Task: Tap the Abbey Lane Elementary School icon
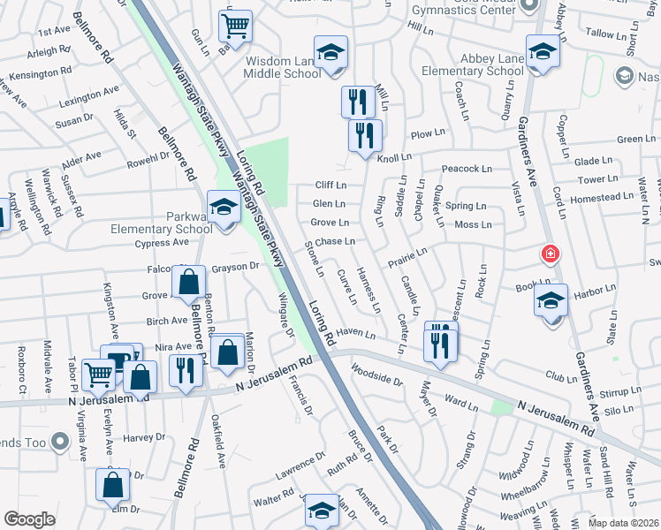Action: [x=543, y=51]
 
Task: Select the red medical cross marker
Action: [x=551, y=254]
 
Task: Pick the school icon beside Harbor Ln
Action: [x=551, y=301]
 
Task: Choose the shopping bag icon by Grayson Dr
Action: [x=189, y=282]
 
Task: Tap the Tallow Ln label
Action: [x=605, y=34]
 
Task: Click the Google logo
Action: [x=30, y=519]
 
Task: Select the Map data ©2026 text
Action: [x=622, y=523]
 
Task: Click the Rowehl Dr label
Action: [x=148, y=157]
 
